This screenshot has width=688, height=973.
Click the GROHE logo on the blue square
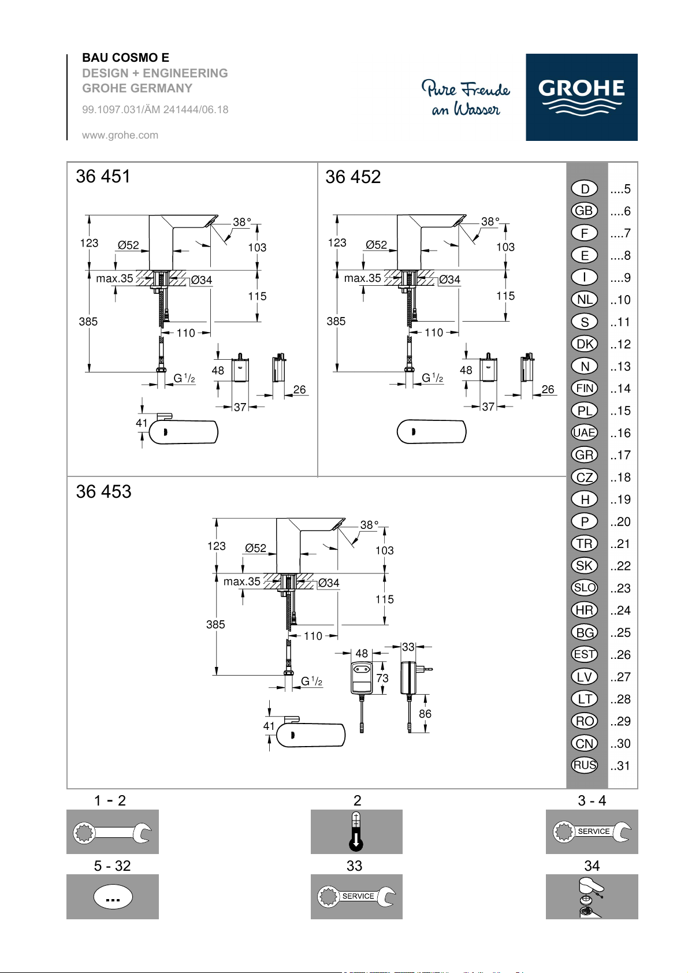[x=581, y=97]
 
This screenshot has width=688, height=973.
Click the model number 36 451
[x=103, y=176]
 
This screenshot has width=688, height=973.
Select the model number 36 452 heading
[x=353, y=177]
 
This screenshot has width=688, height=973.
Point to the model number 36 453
[x=103, y=492]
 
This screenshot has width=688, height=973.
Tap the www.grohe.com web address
[x=120, y=135]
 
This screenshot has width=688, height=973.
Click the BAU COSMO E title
[x=125, y=58]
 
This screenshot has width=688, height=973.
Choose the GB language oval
[x=584, y=211]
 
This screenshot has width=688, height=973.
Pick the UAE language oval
[x=584, y=433]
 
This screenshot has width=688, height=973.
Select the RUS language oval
[x=584, y=765]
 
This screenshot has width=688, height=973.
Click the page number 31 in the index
[x=620, y=766]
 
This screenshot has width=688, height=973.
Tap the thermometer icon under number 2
[x=356, y=832]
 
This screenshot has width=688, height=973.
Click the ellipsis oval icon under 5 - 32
[x=113, y=897]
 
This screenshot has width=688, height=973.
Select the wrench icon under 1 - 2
[x=112, y=832]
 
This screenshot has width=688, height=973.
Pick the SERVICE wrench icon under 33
[x=356, y=897]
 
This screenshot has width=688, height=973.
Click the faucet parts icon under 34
[x=592, y=897]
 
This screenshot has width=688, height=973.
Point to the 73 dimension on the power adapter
[x=382, y=678]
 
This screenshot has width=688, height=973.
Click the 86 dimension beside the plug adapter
[x=425, y=714]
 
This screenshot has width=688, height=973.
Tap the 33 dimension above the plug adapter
[x=408, y=647]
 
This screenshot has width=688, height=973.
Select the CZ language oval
[x=584, y=477]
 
